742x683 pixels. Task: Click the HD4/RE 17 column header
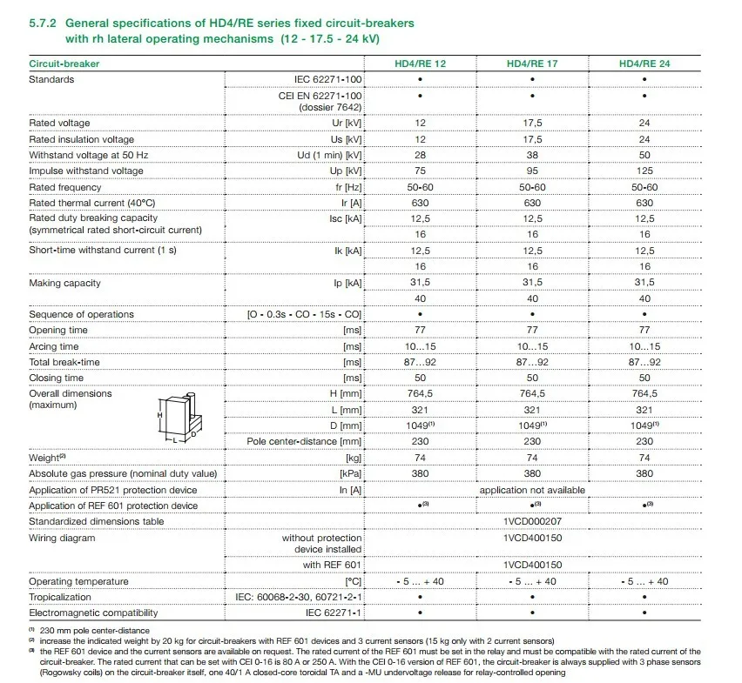tap(532, 64)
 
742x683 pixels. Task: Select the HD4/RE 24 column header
tap(644, 64)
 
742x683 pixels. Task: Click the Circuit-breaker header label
tap(64, 64)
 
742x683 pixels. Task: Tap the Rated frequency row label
tap(65, 187)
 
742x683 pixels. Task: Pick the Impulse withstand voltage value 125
tap(644, 171)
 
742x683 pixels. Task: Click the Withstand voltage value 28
tap(420, 155)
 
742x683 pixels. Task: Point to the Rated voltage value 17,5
tap(532, 123)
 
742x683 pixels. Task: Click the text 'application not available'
tap(532, 490)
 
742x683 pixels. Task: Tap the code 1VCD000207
tap(532, 521)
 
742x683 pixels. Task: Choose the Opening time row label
tap(58, 331)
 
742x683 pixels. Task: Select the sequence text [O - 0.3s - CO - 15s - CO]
tap(305, 314)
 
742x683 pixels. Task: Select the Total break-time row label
tap(64, 362)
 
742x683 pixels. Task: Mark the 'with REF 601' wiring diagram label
tap(333, 565)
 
